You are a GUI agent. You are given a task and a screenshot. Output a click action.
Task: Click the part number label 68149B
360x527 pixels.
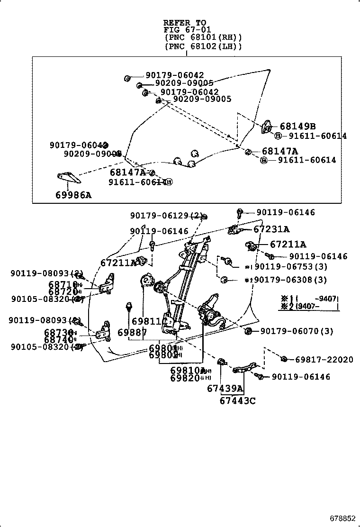(x=297, y=127)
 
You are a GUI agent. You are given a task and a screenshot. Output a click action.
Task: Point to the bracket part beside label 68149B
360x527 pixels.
(x=267, y=127)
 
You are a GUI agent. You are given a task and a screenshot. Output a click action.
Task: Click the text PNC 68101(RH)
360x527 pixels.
(x=203, y=37)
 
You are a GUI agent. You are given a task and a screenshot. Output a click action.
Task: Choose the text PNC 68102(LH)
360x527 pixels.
(x=203, y=46)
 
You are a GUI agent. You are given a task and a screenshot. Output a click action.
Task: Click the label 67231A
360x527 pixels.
(x=271, y=229)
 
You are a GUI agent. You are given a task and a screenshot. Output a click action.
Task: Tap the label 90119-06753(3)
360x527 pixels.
(x=290, y=266)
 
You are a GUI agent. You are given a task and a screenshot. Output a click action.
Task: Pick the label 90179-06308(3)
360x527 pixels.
(x=290, y=280)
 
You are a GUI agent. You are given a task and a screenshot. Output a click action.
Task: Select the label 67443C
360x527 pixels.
(x=237, y=401)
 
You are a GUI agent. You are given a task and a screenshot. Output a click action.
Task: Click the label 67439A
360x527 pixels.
(x=225, y=389)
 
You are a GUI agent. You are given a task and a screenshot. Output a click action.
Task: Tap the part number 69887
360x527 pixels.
(x=132, y=333)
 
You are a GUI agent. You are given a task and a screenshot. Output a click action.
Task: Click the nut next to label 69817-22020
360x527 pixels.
(x=283, y=359)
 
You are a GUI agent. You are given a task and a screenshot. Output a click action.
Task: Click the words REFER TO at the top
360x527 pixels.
(x=185, y=23)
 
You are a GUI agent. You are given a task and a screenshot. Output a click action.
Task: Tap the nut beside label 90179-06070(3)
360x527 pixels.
(x=248, y=331)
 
